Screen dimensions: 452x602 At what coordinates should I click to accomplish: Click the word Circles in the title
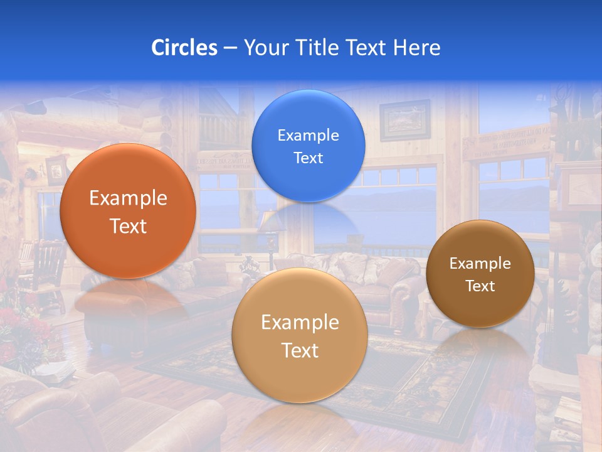184,48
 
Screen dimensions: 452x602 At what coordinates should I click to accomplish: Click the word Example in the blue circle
308,136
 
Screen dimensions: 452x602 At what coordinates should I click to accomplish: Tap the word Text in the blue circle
308,158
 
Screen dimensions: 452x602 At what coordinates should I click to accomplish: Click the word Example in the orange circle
128,198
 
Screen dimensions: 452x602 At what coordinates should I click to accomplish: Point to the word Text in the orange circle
128,226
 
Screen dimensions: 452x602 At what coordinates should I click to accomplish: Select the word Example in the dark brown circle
480,264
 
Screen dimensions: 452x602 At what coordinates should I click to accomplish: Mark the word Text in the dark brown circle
480,286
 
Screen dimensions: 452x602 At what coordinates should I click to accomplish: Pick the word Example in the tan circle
300,323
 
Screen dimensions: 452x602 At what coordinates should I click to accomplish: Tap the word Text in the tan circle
300,350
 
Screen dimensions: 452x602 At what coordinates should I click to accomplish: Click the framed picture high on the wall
404,120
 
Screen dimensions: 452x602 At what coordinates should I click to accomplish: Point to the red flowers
19,326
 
